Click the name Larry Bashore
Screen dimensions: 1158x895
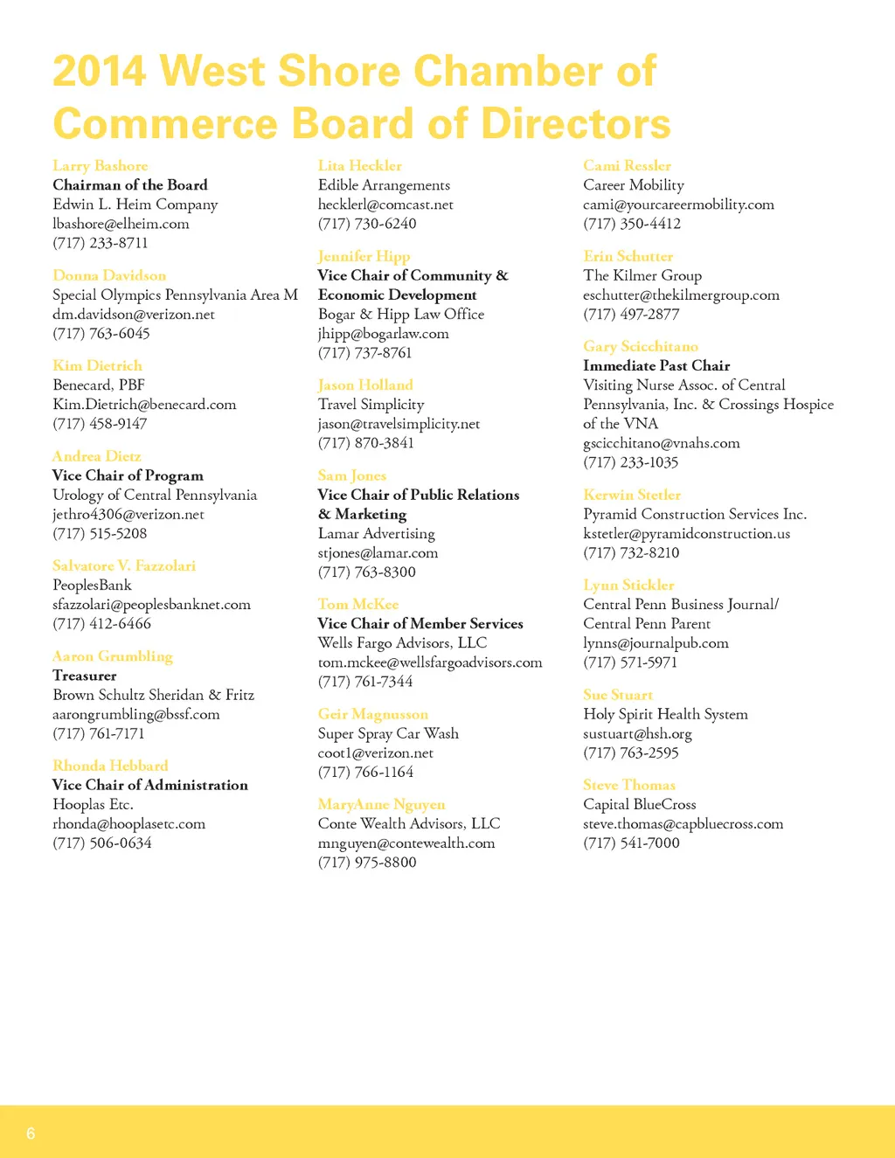point(100,166)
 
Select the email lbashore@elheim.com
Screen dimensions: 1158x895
point(121,224)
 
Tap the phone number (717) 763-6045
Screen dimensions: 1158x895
point(101,334)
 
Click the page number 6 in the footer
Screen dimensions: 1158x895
point(31,1134)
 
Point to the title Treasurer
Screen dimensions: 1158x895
point(84,676)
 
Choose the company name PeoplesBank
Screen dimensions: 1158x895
point(92,586)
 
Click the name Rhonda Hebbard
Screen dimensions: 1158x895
point(110,766)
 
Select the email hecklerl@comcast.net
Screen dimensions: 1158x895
point(385,205)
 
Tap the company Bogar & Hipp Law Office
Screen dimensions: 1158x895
point(400,315)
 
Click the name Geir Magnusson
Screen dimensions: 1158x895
point(372,715)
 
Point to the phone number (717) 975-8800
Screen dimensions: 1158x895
point(367,863)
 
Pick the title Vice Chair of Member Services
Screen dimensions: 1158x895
point(420,624)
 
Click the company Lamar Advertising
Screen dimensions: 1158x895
point(376,534)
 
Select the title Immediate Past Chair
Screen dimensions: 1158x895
point(656,366)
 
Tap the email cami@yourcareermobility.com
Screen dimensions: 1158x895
point(678,205)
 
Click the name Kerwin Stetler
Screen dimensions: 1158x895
point(631,496)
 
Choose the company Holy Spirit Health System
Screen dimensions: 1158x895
point(665,715)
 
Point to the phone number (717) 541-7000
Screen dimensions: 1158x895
point(631,843)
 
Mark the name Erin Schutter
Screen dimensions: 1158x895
point(628,257)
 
